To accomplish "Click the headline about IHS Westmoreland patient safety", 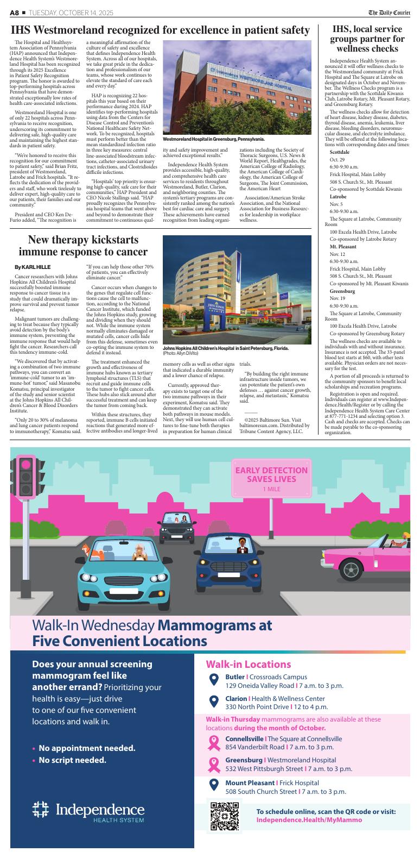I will (x=160, y=30).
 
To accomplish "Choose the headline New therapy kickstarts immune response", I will (x=83, y=246).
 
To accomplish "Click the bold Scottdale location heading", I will (x=340, y=152).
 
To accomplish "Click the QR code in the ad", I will (x=224, y=817).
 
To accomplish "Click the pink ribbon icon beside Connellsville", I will (x=214, y=743).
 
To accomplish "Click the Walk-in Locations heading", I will (x=249, y=664).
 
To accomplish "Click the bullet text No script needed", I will (x=72, y=760).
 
